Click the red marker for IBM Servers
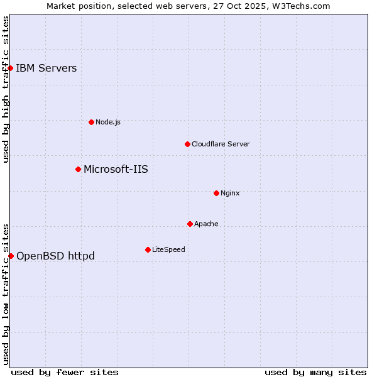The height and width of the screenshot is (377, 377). click(x=11, y=68)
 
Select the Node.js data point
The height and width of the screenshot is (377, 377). click(x=91, y=122)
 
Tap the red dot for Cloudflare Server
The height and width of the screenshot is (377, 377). click(x=187, y=144)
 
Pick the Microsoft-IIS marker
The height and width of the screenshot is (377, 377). click(x=78, y=169)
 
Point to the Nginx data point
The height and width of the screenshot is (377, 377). click(x=216, y=193)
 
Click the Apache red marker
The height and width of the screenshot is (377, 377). click(x=190, y=224)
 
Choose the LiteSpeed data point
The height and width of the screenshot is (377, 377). click(x=148, y=249)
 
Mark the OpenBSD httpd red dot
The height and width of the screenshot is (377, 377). click(x=11, y=256)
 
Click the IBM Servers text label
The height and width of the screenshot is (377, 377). click(x=46, y=68)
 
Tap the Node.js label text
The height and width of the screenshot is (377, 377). click(x=108, y=122)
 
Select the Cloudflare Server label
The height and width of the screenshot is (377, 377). click(x=221, y=144)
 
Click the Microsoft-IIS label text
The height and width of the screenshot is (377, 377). click(x=116, y=169)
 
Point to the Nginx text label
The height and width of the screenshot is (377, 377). click(x=230, y=193)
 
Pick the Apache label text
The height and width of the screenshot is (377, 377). click(x=206, y=224)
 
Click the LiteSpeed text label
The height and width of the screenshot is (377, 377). click(x=168, y=249)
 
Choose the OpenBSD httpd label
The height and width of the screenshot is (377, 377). click(x=55, y=256)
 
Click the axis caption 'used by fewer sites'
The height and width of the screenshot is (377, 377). click(x=65, y=372)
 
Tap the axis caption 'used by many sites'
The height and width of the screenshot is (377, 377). click(x=315, y=372)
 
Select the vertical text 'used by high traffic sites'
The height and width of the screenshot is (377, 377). click(x=6, y=89)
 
